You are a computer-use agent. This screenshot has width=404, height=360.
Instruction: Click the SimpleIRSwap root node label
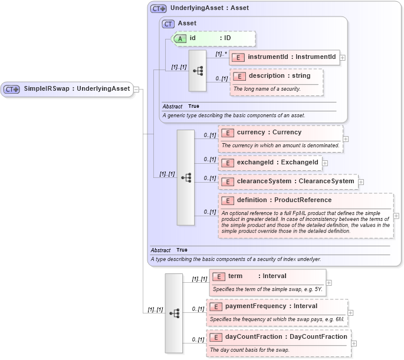76,89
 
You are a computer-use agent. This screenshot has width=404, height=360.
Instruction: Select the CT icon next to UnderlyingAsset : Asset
158,8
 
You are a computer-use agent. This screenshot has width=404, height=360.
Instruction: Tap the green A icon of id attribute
181,38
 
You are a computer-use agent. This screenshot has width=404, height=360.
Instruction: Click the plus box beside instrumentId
343,58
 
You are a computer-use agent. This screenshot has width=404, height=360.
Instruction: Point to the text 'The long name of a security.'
267,89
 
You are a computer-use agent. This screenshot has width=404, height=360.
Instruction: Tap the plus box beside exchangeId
325,163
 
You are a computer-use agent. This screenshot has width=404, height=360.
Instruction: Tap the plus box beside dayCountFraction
354,344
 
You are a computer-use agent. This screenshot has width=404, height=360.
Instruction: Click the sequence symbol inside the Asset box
198,71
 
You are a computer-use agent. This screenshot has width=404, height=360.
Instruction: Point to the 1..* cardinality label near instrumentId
222,54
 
